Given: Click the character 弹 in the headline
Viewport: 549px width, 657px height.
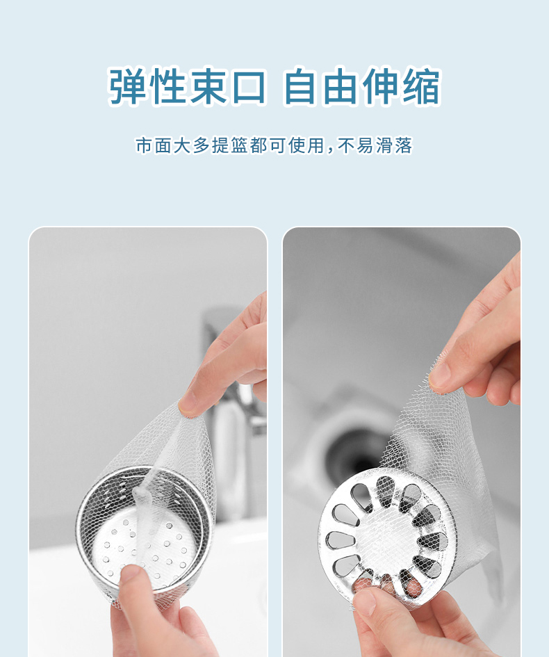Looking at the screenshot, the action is pyautogui.click(x=127, y=86).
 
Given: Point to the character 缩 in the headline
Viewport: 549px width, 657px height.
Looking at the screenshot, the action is pyautogui.click(x=422, y=86).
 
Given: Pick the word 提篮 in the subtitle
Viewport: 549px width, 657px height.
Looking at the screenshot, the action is pyautogui.click(x=230, y=145).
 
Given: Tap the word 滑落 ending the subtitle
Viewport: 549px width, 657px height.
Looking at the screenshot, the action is pyautogui.click(x=394, y=145).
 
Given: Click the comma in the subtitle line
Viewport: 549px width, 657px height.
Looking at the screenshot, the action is pyautogui.click(x=329, y=150).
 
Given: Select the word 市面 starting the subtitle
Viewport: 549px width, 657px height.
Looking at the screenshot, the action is pyautogui.click(x=154, y=145).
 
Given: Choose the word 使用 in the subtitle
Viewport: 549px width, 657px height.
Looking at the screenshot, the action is pyautogui.click(x=306, y=145).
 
